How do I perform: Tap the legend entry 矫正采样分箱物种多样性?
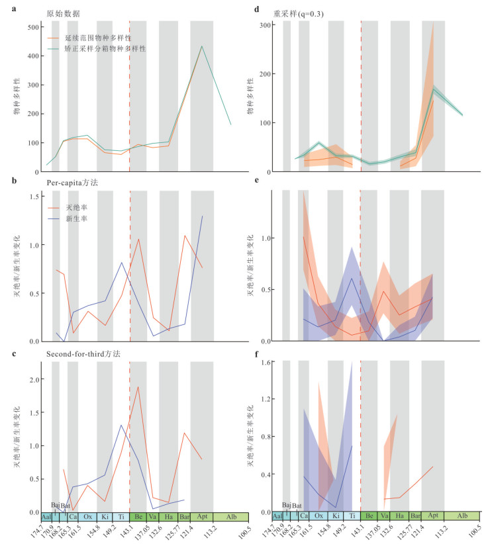[110, 49]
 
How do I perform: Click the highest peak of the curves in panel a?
[202, 46]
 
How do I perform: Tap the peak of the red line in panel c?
[138, 386]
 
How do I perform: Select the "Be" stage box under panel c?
[138, 516]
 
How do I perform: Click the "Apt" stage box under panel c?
[202, 516]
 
